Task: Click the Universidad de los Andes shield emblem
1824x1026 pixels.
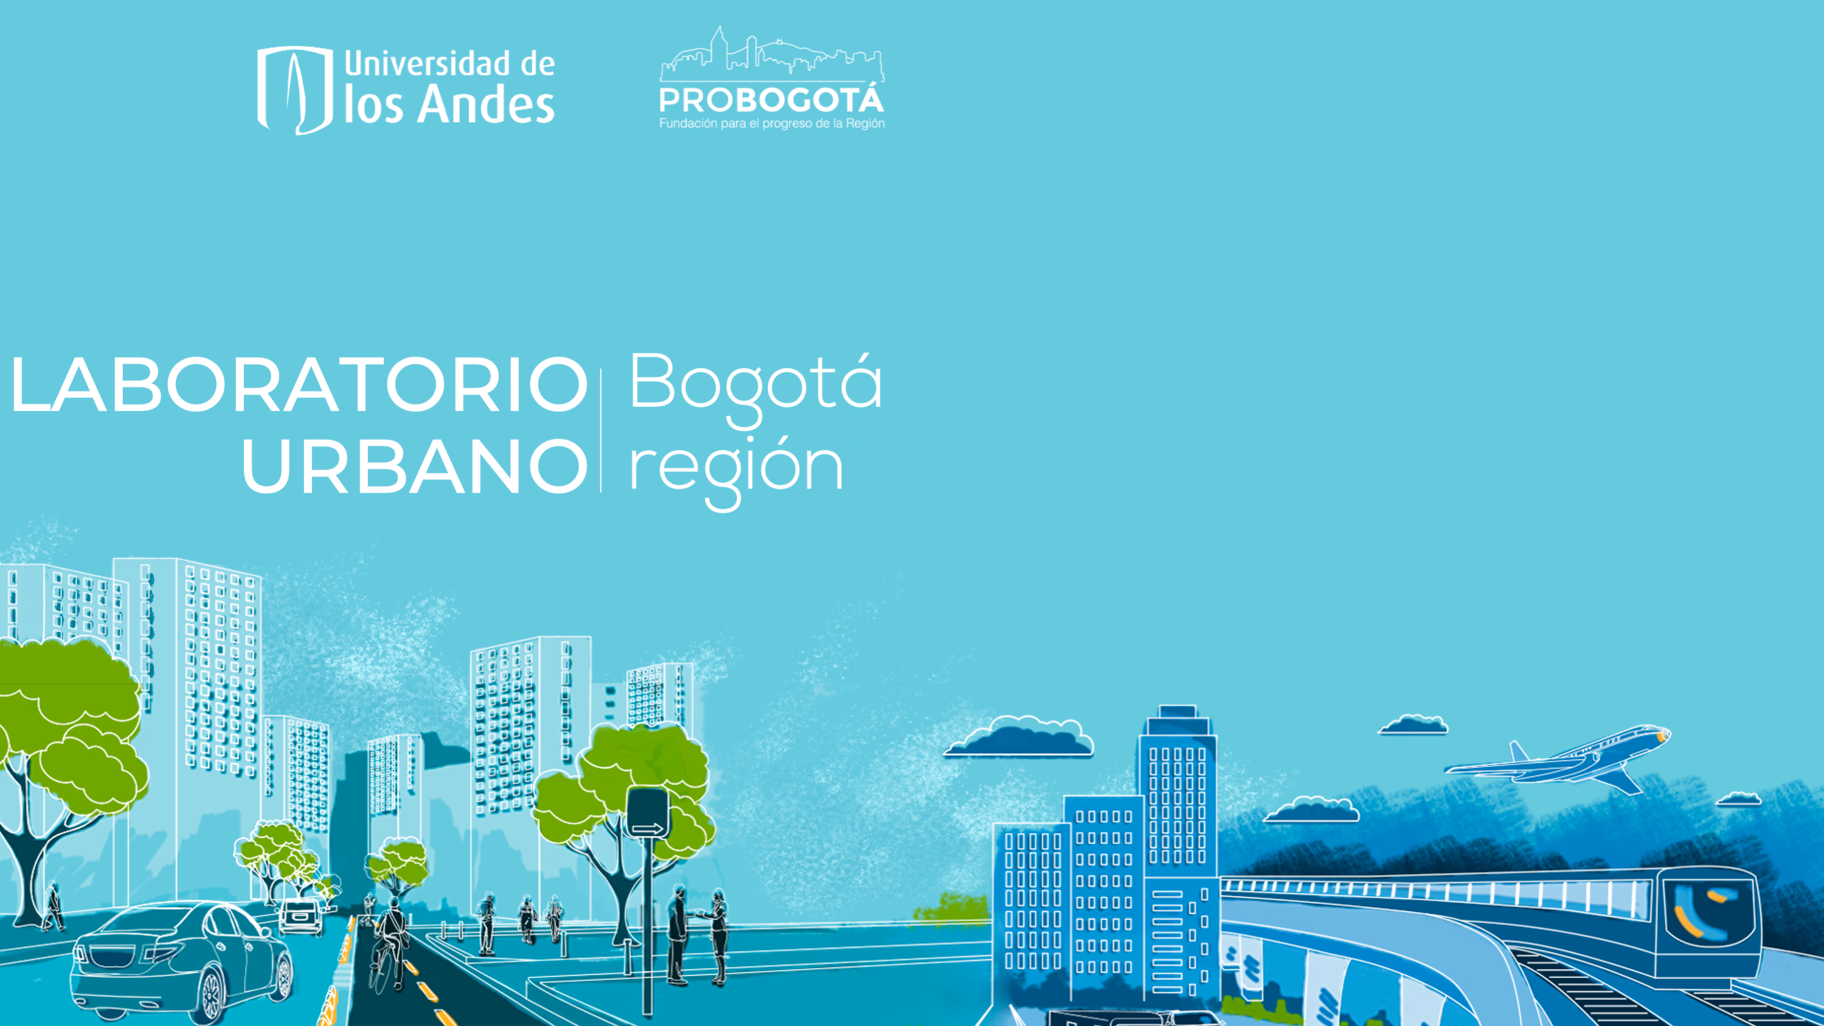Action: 295,90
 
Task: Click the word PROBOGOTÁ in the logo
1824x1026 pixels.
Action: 771,100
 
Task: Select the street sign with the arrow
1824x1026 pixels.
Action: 647,814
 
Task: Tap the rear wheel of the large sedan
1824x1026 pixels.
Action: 211,996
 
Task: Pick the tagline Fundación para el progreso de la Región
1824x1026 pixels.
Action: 772,124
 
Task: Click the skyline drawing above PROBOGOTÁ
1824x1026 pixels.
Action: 772,54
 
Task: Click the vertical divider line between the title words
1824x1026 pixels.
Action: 601,431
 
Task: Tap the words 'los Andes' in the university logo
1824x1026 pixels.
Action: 449,105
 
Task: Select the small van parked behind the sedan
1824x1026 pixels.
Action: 302,917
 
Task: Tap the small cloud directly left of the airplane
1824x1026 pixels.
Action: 1413,725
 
